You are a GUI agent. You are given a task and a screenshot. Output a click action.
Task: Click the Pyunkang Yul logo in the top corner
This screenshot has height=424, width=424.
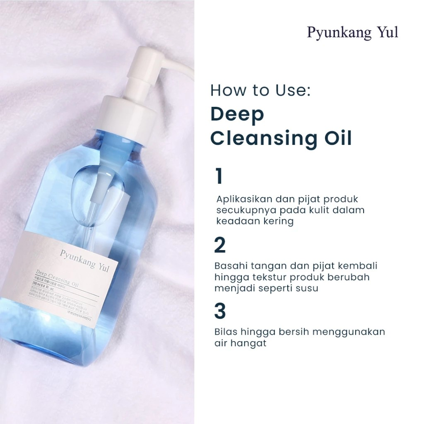pyautogui.click(x=352, y=33)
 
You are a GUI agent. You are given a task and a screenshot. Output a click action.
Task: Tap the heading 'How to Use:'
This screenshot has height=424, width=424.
pyautogui.click(x=260, y=91)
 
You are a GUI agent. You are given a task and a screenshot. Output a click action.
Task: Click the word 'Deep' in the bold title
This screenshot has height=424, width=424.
pyautogui.click(x=237, y=115)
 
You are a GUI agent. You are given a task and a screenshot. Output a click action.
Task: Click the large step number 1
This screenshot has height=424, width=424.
pyautogui.click(x=219, y=177)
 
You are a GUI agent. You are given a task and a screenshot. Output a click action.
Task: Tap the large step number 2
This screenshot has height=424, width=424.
pyautogui.click(x=220, y=246)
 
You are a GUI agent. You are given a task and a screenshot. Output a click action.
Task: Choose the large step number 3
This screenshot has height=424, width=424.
pyautogui.click(x=220, y=312)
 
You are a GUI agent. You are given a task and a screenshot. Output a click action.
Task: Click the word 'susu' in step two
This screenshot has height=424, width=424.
pyautogui.click(x=307, y=288)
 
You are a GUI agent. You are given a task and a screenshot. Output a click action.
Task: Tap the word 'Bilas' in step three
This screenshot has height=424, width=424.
pyautogui.click(x=226, y=332)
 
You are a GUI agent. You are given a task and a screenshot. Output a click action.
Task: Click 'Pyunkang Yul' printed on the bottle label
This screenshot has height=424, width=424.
pyautogui.click(x=84, y=260)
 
